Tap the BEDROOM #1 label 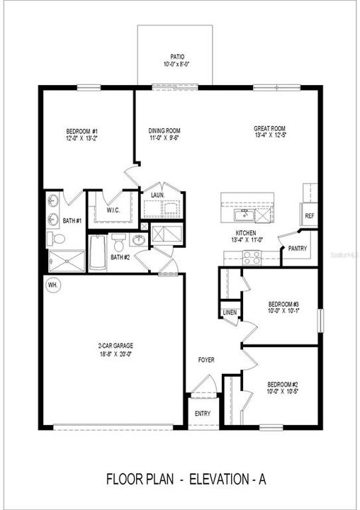point(82,131)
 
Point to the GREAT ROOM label point(270,129)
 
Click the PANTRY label point(297,248)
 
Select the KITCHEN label point(246,233)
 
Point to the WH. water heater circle point(52,285)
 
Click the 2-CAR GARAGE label point(116,346)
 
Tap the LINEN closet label point(230,312)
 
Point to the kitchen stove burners point(252,259)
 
